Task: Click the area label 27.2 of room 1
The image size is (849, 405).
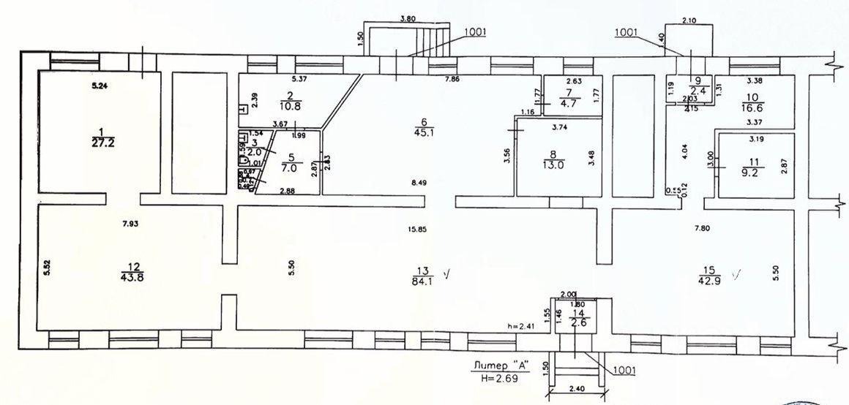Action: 100,143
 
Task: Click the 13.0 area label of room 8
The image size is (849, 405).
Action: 558,165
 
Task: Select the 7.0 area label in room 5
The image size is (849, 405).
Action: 288,167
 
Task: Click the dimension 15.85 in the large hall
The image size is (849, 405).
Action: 418,229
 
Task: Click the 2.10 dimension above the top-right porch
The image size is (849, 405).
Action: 688,20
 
